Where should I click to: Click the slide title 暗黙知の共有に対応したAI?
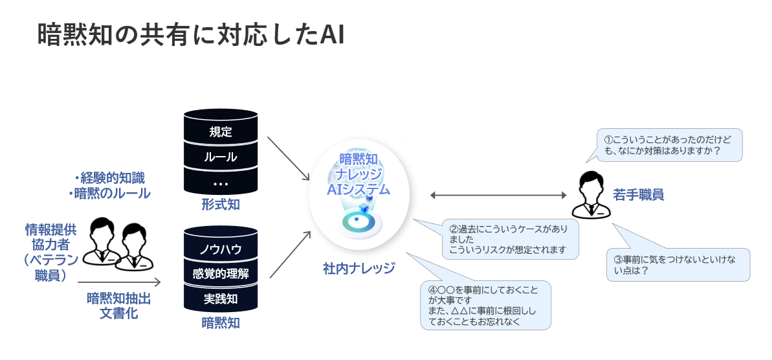click(190, 36)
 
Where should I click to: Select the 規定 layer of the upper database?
click(221, 132)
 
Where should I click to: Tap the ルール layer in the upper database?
click(221, 157)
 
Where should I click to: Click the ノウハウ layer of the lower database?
click(221, 249)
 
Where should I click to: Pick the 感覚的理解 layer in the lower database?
click(221, 274)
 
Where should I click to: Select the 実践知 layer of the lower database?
click(221, 299)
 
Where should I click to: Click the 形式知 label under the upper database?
click(221, 205)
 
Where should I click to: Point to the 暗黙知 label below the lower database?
click(221, 322)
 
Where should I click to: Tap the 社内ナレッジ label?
click(359, 268)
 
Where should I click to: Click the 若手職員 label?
click(639, 194)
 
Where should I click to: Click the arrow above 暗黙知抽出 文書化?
click(119, 282)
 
